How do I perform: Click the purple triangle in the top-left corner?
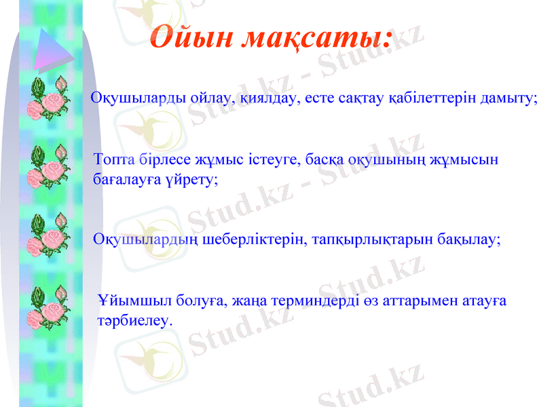coord(50,48)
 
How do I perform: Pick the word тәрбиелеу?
coord(135,319)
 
